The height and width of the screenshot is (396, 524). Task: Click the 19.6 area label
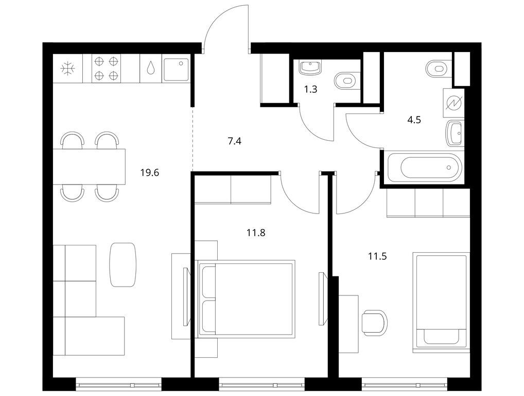pyautogui.click(x=149, y=173)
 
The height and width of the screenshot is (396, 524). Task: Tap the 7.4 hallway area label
pyautogui.click(x=234, y=141)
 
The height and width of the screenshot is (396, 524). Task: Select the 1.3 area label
pyautogui.click(x=310, y=89)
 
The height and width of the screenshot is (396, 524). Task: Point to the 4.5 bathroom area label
pyautogui.click(x=414, y=120)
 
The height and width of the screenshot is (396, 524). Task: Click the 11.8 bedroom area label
pyautogui.click(x=256, y=233)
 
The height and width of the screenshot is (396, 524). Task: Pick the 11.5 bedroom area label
pyautogui.click(x=377, y=256)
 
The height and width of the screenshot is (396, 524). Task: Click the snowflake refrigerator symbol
pyautogui.click(x=68, y=69)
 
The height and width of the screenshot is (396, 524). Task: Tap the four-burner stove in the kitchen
pyautogui.click(x=107, y=68)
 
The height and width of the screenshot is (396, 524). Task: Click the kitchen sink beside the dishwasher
pyautogui.click(x=176, y=69)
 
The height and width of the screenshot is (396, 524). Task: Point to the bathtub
pyautogui.click(x=424, y=167)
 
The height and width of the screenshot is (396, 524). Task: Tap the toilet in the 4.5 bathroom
pyautogui.click(x=439, y=69)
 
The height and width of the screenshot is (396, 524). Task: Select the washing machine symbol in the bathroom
pyautogui.click(x=454, y=103)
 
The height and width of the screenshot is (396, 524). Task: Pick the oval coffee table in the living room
pyautogui.click(x=123, y=265)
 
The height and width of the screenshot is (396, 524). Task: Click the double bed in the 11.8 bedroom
pyautogui.click(x=247, y=297)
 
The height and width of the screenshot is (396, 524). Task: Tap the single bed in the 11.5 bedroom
pyautogui.click(x=441, y=302)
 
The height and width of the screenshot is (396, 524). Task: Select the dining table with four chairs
pyautogui.click(x=90, y=167)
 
